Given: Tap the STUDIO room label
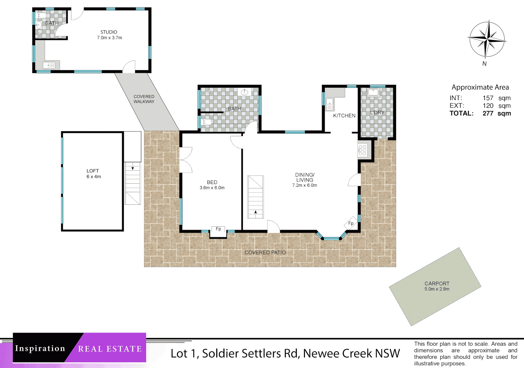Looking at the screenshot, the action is [x=109, y=32].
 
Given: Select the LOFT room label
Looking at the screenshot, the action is [x=93, y=171].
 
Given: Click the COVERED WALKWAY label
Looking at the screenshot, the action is [x=144, y=99].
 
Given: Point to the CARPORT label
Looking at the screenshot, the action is [x=437, y=283].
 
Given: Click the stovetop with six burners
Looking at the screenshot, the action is [x=363, y=150].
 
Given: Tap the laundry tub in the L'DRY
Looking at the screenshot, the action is [x=373, y=93].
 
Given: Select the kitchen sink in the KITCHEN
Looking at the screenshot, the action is [x=330, y=104].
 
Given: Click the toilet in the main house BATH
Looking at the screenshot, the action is [x=206, y=122].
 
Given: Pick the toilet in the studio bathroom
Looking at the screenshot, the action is [x=41, y=16].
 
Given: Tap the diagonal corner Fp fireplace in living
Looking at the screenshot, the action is [x=351, y=223].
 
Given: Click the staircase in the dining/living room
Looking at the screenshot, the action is [x=256, y=197].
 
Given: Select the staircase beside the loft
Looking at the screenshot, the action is [x=133, y=183].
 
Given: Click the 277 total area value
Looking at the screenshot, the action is [x=488, y=113].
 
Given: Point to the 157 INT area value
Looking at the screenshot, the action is [x=488, y=98].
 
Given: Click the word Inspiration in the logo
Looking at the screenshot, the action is [x=40, y=349].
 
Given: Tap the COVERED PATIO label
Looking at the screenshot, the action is [x=265, y=252].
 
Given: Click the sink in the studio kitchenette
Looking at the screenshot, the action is [x=49, y=65].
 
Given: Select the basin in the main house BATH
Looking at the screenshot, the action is [x=245, y=92].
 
